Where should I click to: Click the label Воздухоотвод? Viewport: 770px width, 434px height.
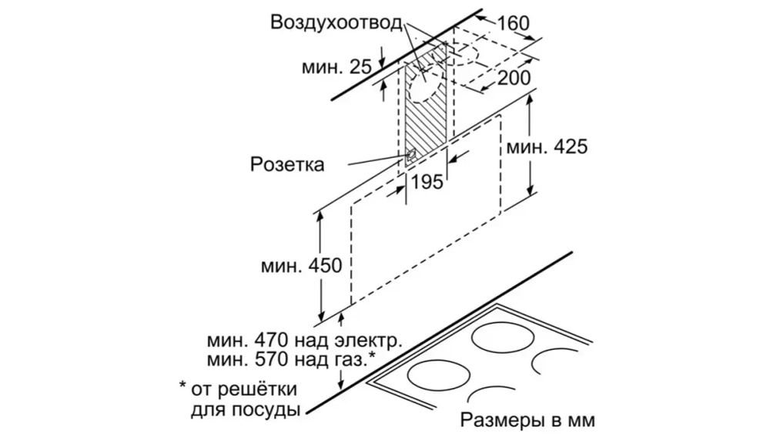point(336,22)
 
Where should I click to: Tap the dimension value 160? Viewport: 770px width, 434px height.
point(514,24)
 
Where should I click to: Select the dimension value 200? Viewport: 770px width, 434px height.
point(514,77)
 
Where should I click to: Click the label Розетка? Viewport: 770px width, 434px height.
point(286,164)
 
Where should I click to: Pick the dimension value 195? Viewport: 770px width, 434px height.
point(428,182)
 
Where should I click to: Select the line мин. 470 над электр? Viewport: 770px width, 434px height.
point(304,340)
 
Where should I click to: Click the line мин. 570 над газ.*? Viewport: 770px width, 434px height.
point(291,358)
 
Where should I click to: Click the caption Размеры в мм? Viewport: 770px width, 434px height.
point(528,421)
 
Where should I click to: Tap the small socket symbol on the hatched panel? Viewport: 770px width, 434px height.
point(413,154)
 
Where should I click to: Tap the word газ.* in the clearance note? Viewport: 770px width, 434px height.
point(357,358)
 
